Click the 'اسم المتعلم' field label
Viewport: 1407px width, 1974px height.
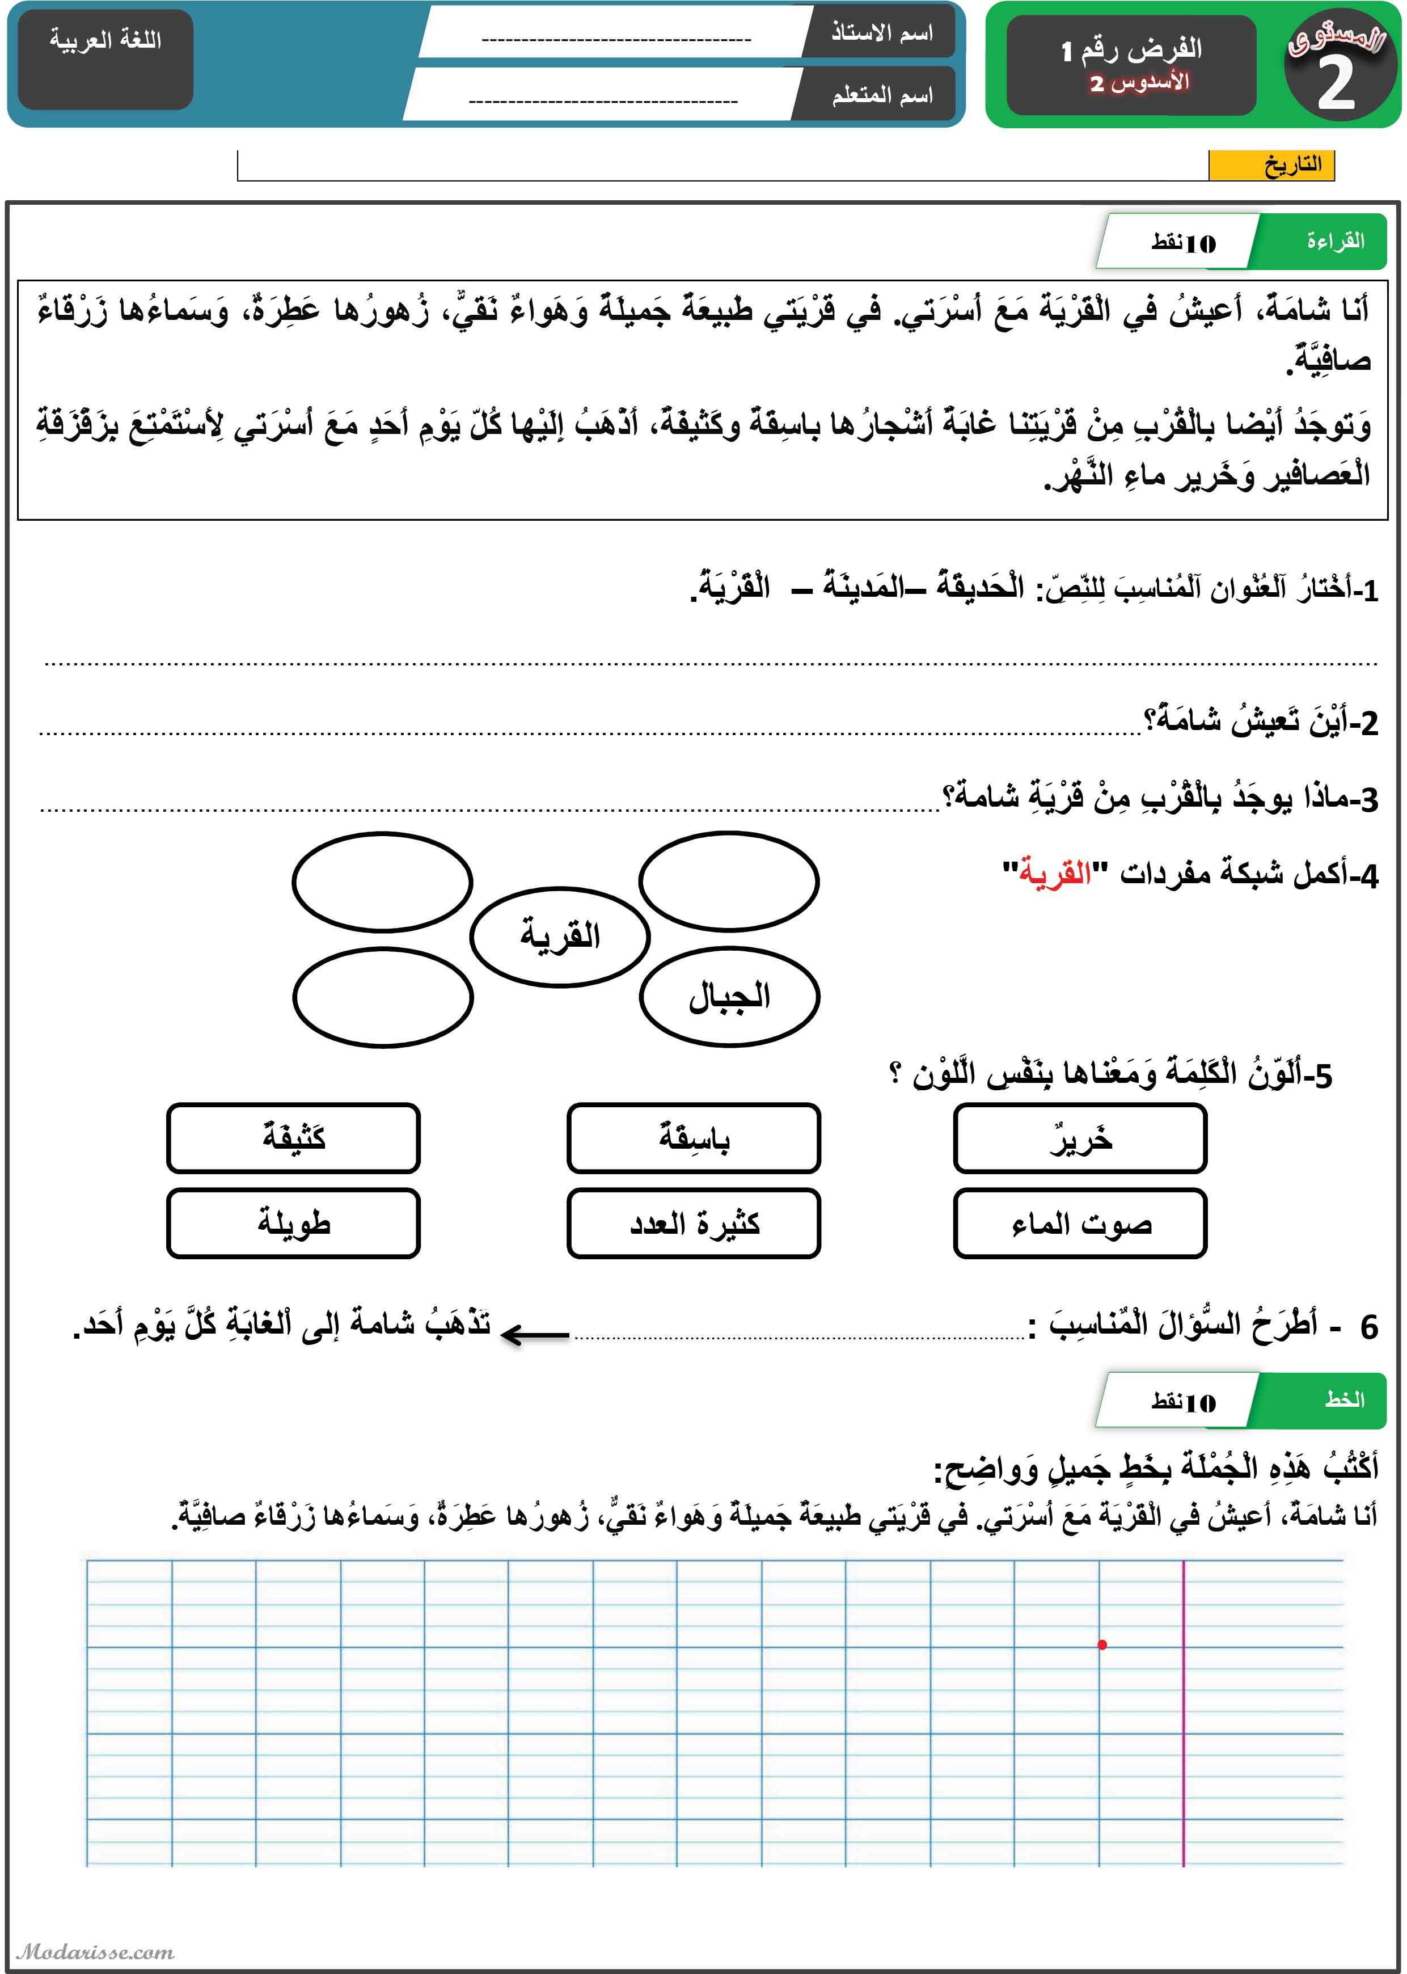click(x=881, y=95)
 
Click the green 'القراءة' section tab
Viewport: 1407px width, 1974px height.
click(x=1335, y=241)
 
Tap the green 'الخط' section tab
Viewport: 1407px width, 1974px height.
click(x=1343, y=1399)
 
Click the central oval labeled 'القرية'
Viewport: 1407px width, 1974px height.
click(x=560, y=936)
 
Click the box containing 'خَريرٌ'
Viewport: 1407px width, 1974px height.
click(x=1080, y=1138)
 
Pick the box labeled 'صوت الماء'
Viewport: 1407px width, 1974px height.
click(x=1080, y=1224)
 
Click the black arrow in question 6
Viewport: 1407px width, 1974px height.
click(x=535, y=1335)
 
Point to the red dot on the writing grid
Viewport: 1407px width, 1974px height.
click(x=1102, y=1644)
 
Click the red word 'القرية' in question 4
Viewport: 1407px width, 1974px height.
click(x=1054, y=872)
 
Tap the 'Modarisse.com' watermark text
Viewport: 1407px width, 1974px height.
click(x=95, y=1951)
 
